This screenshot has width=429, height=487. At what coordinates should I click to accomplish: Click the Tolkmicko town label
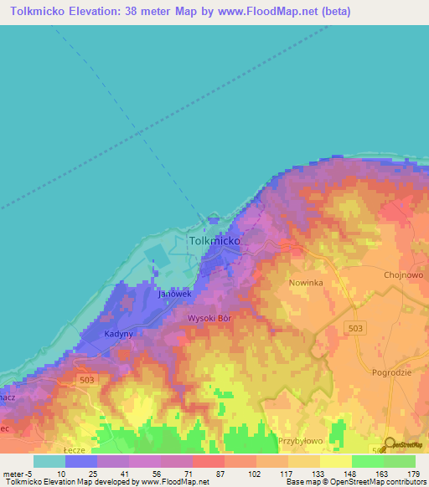[215, 240]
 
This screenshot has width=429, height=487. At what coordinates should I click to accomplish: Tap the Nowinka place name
[306, 284]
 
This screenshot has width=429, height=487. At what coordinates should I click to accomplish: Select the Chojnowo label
[404, 274]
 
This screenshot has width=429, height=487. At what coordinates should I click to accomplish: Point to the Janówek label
[176, 295]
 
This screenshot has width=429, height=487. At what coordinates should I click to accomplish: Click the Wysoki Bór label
[209, 319]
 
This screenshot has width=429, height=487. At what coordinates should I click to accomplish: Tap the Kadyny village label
[119, 334]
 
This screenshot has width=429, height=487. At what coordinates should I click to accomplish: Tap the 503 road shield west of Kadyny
[87, 380]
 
